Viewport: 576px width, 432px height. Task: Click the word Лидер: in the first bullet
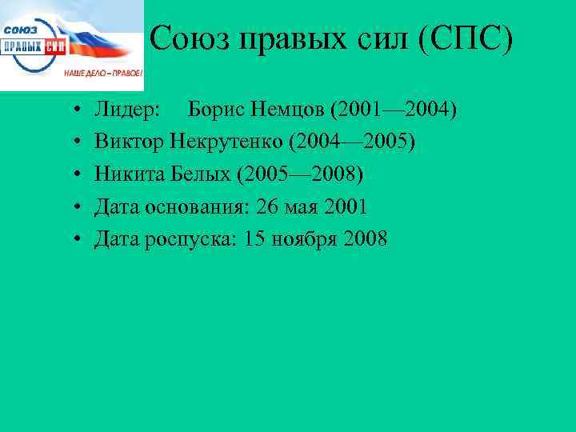(127, 108)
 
